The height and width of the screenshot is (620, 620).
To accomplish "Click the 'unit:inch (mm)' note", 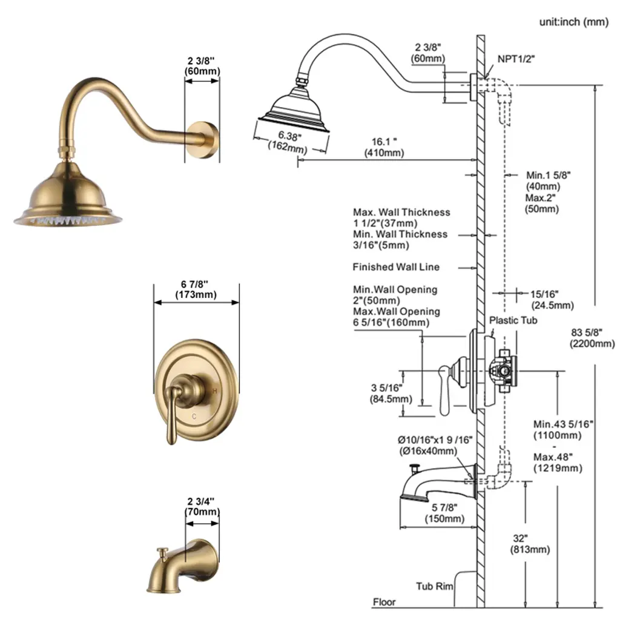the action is [574, 22].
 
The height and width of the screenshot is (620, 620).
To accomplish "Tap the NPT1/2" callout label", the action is [516, 59].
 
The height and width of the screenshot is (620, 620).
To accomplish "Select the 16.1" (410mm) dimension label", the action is [384, 147].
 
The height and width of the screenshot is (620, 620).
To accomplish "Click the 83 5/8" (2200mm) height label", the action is [592, 338].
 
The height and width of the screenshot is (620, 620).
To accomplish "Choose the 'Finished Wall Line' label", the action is [396, 267].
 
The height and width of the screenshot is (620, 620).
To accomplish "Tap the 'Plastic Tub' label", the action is [513, 320].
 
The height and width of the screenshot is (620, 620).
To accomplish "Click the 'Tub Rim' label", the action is [434, 586].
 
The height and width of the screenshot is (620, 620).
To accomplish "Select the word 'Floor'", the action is [384, 602].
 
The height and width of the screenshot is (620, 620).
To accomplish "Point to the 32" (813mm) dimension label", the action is [530, 544].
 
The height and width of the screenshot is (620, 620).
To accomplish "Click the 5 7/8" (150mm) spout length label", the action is [444, 513].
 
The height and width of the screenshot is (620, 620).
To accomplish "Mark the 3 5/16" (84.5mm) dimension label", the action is [391, 394].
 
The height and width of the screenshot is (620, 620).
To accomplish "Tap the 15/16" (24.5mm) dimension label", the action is [552, 300].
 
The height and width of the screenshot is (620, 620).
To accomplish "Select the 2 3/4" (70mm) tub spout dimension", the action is [202, 507].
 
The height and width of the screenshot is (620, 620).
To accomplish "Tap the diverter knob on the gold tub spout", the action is [162, 553].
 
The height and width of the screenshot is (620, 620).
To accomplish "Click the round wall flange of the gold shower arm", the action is [202, 140].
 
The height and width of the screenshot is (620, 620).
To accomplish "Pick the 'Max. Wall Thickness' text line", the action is [401, 213].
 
